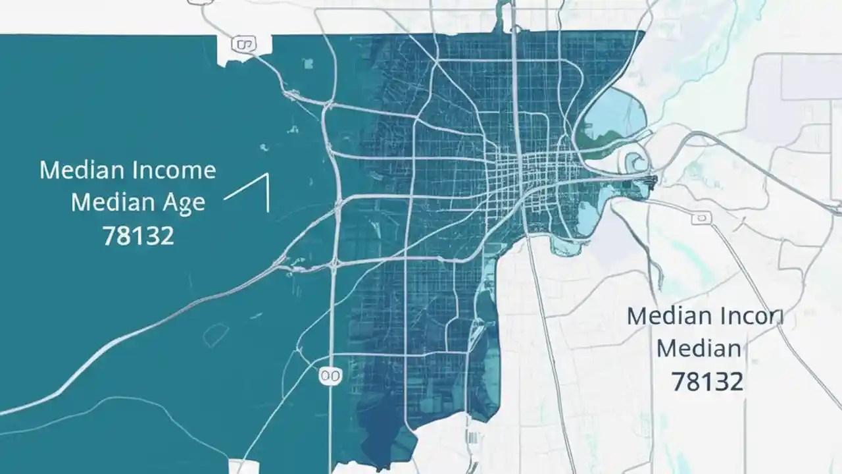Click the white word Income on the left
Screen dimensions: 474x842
point(174,171)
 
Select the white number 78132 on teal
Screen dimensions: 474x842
point(138,235)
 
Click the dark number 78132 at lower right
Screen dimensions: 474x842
point(707,381)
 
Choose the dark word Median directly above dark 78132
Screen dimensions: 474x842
point(699,348)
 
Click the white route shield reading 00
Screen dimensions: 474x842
point(330,376)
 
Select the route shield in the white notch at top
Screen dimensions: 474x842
point(243,45)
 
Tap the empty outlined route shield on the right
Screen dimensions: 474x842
point(702,218)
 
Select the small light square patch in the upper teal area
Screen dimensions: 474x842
point(308,63)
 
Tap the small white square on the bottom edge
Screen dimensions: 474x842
point(248,467)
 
